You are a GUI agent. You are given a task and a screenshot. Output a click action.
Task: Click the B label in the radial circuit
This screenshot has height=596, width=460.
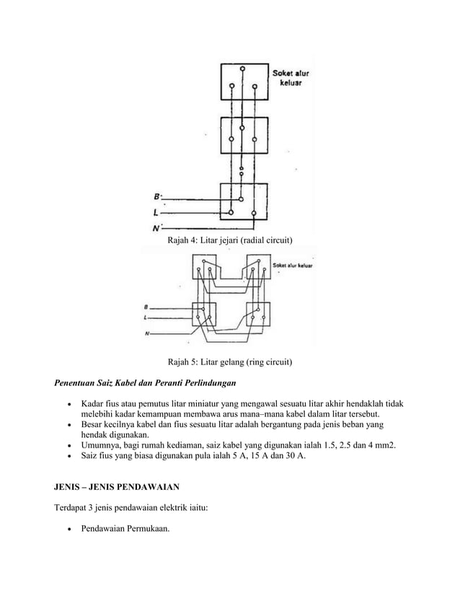coord(157,196)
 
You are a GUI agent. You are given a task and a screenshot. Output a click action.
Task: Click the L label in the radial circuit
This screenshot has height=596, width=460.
coord(156,213)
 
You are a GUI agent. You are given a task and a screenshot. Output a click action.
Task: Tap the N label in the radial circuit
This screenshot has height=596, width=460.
coord(156,229)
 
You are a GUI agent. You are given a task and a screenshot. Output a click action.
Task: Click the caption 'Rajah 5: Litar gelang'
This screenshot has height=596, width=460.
coord(230,361)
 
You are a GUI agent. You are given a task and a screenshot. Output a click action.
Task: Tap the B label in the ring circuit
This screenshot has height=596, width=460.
coord(147,307)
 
